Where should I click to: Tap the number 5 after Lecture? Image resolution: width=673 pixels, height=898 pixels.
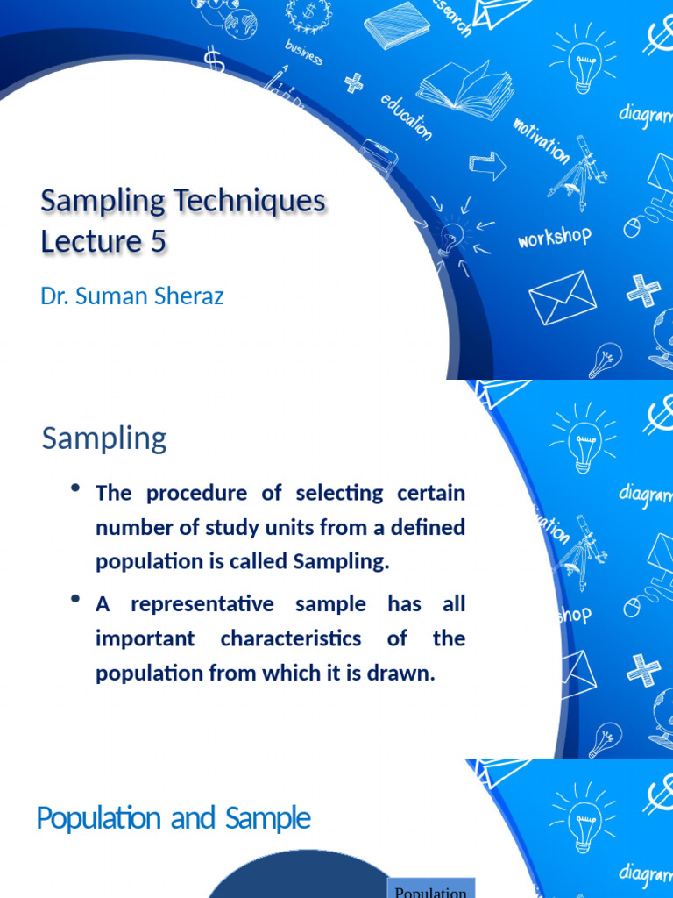[157, 241]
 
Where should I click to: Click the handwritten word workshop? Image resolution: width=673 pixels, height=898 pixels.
[554, 237]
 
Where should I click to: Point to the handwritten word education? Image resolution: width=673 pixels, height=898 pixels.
[407, 117]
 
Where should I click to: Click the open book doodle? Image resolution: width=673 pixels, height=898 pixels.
[464, 88]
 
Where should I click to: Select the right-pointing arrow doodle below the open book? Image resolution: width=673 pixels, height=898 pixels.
[488, 164]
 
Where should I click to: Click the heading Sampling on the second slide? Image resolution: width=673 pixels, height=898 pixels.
[104, 438]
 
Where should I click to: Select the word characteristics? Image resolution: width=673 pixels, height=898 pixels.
[290, 638]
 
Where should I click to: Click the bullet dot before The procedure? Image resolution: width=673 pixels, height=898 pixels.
[76, 488]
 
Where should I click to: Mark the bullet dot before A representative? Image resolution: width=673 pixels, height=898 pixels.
[76, 600]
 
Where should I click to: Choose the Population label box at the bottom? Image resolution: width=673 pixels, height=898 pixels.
[430, 888]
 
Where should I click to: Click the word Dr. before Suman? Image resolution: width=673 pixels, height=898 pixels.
[55, 296]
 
